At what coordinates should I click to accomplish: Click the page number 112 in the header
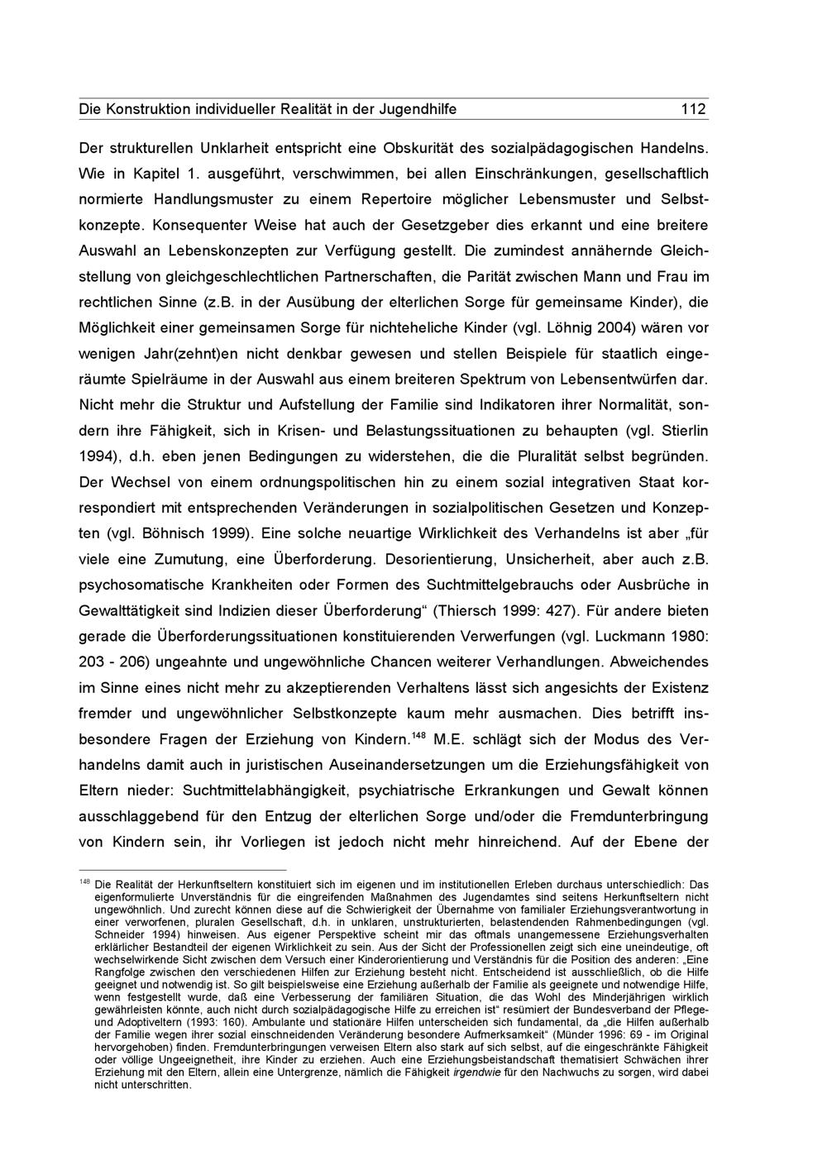pyautogui.click(x=693, y=109)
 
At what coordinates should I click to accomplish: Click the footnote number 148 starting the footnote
pyautogui.click(x=84, y=881)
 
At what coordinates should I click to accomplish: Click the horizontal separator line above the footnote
pyautogui.click(x=182, y=870)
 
